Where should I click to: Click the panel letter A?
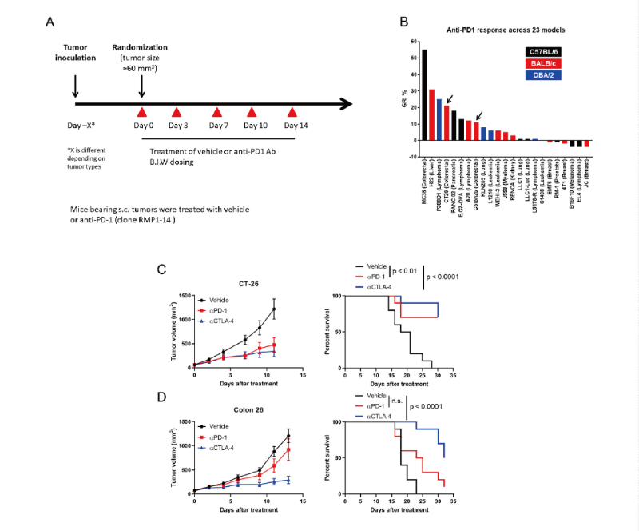(50, 23)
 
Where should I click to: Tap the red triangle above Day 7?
(217, 112)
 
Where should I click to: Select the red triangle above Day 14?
(292, 112)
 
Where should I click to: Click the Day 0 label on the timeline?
(141, 126)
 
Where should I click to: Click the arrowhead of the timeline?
(346, 103)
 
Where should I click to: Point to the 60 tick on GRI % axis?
(412, 42)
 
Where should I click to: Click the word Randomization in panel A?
(141, 47)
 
